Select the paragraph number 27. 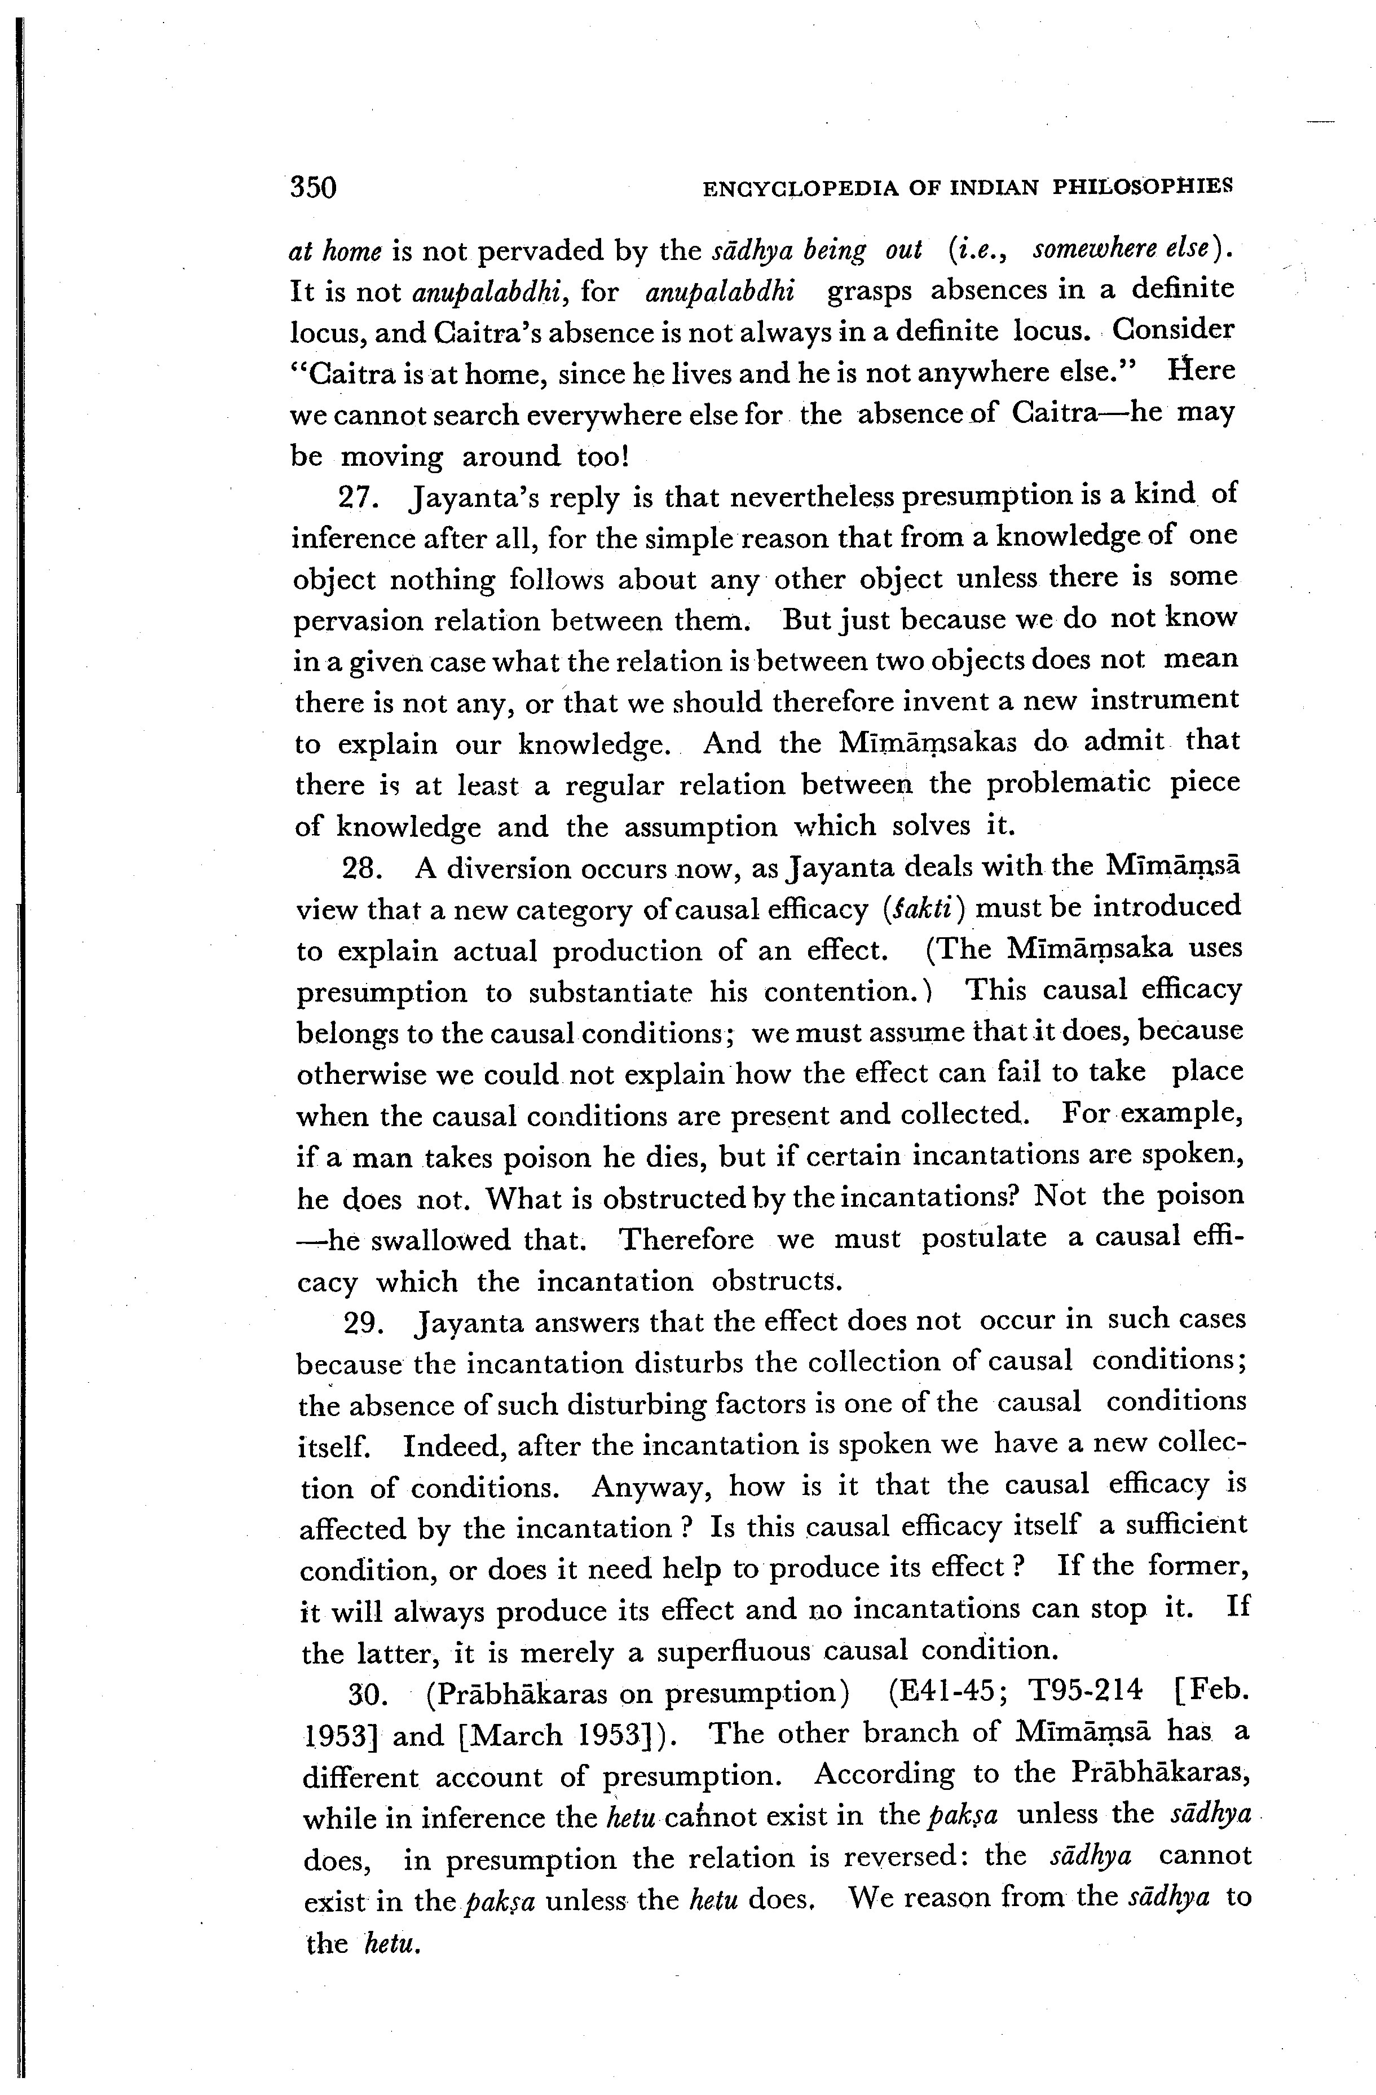(358, 498)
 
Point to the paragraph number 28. (360, 869)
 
